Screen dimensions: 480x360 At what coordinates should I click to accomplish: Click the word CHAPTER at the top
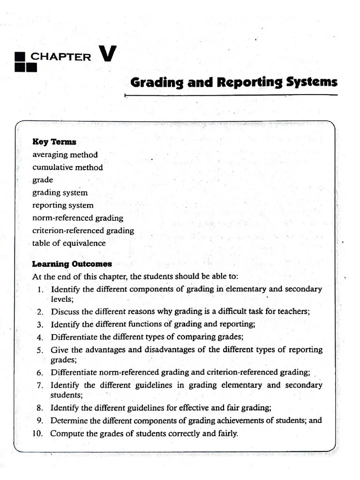61,57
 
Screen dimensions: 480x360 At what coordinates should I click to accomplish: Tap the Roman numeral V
107,54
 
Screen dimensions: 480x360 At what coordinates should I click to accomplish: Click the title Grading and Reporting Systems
233,82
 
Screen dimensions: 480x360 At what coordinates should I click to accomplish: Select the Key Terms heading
54,142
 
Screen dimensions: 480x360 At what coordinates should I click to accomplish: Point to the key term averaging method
65,155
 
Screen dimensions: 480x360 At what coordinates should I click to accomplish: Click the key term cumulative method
67,167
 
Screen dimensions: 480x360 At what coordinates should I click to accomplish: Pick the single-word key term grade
43,180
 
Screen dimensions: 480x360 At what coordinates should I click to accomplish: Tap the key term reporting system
63,205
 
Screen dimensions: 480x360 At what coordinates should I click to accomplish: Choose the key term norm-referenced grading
78,218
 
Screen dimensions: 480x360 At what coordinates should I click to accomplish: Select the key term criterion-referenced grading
83,231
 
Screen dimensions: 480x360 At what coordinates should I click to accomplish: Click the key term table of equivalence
69,243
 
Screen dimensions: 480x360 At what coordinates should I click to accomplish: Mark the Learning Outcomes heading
72,264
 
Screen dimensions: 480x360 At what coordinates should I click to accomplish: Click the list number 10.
37,434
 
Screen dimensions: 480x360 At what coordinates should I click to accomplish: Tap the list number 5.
40,350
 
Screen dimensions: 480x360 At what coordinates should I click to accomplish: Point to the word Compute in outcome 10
66,434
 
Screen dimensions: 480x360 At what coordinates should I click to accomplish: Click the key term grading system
60,193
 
